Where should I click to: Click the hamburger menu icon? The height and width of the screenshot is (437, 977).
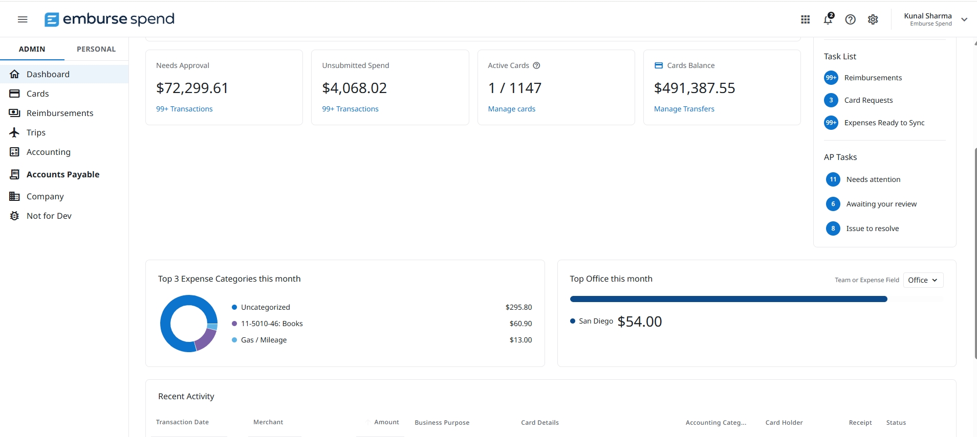(x=23, y=19)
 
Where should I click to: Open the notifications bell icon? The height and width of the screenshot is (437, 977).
(x=828, y=19)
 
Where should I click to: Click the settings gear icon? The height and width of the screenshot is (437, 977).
(x=873, y=19)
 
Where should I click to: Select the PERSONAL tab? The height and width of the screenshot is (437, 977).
(x=96, y=49)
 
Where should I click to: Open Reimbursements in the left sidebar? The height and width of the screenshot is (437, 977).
(x=60, y=113)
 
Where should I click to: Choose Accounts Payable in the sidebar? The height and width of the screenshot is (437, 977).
(x=63, y=174)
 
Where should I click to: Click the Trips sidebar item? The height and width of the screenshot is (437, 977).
(x=36, y=132)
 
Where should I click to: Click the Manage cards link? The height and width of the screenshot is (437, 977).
(x=511, y=109)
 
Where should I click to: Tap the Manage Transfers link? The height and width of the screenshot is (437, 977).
(x=684, y=109)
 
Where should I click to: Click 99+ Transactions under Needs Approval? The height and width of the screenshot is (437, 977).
(x=184, y=109)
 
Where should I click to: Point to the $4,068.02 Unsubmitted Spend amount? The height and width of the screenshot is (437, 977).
(x=354, y=88)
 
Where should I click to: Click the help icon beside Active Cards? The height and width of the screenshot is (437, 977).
(x=536, y=65)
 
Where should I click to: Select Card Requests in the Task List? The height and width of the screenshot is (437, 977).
(x=869, y=100)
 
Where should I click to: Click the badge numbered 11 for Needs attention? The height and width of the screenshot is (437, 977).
(x=833, y=179)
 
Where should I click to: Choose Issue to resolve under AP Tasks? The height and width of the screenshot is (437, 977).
(x=873, y=228)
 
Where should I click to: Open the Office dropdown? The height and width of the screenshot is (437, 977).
(x=923, y=280)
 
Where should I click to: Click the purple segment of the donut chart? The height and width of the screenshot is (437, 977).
(x=207, y=338)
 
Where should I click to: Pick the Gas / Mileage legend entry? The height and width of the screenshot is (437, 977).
(x=264, y=340)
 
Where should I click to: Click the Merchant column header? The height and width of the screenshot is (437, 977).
(x=268, y=422)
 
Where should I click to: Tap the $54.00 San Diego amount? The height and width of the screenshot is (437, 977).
(x=640, y=321)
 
